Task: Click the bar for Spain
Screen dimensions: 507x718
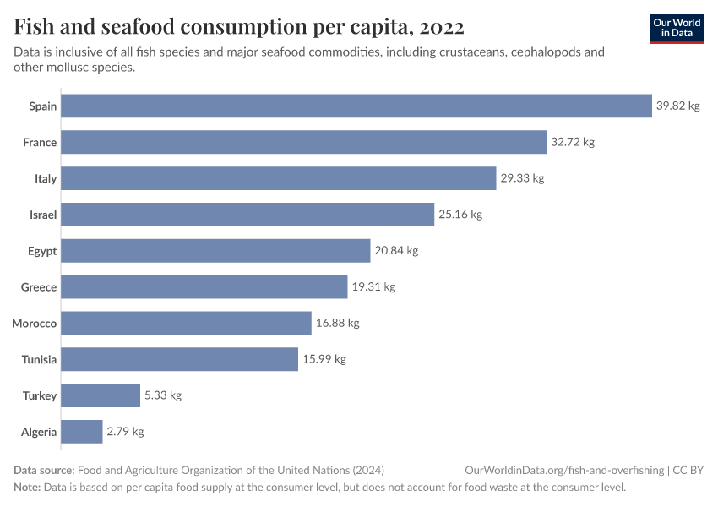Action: (x=356, y=106)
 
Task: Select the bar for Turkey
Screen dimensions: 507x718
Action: (x=101, y=395)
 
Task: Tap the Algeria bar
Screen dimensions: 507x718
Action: (x=82, y=432)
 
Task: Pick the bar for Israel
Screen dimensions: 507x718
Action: (x=247, y=215)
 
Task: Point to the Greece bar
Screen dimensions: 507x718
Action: (x=204, y=287)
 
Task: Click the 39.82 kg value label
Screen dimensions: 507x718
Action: (x=678, y=106)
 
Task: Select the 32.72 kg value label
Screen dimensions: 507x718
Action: (x=573, y=142)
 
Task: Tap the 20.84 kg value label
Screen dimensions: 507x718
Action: (x=396, y=251)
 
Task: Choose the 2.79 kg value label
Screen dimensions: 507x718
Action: (x=125, y=432)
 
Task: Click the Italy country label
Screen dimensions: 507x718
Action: (x=46, y=178)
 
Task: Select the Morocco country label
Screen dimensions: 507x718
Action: (x=35, y=324)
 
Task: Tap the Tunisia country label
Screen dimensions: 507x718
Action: (x=39, y=359)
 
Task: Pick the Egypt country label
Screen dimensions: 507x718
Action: (x=42, y=251)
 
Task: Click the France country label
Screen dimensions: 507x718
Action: (x=40, y=142)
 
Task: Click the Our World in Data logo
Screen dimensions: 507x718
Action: (x=677, y=28)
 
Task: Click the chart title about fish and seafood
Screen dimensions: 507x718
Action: (x=239, y=27)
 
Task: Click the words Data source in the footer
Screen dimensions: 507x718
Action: (x=43, y=471)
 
